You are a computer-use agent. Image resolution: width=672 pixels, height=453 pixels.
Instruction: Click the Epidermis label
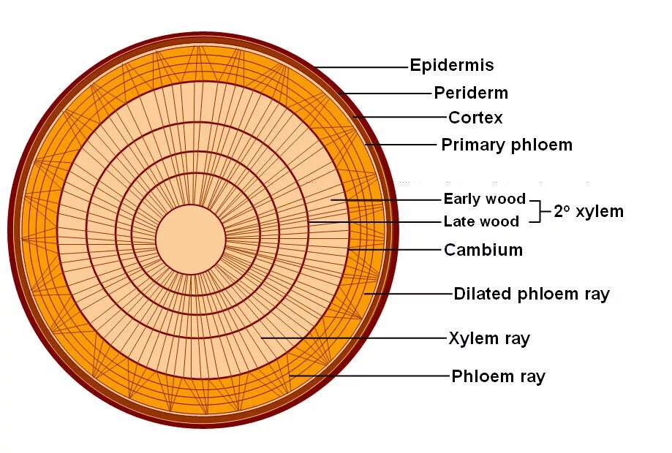click(x=451, y=66)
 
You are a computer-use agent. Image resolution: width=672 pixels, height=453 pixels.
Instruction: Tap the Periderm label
click(x=470, y=94)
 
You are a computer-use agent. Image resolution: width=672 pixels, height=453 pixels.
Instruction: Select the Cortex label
click(x=475, y=118)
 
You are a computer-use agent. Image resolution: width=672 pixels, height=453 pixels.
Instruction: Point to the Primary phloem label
click(x=506, y=145)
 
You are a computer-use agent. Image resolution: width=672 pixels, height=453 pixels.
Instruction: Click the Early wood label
click(x=484, y=199)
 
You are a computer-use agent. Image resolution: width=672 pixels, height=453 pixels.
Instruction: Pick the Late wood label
click(x=481, y=221)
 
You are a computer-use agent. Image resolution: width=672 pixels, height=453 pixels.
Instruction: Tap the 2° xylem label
click(x=589, y=212)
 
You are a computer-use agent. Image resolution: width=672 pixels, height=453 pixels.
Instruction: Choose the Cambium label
click(x=483, y=250)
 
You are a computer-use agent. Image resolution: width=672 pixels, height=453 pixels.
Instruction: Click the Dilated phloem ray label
click(x=531, y=294)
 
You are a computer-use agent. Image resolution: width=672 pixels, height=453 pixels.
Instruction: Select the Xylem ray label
click(x=488, y=338)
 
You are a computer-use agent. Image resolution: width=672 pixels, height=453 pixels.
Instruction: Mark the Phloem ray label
click(x=498, y=377)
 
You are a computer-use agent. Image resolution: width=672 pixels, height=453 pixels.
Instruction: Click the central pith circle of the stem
click(x=190, y=239)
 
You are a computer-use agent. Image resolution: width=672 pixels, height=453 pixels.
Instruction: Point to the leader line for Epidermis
click(x=362, y=67)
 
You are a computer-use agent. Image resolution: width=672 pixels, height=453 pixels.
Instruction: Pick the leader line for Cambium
click(x=395, y=250)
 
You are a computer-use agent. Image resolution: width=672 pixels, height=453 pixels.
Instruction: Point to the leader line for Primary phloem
click(x=401, y=145)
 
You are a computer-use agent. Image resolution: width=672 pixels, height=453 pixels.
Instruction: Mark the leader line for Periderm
click(x=388, y=94)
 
